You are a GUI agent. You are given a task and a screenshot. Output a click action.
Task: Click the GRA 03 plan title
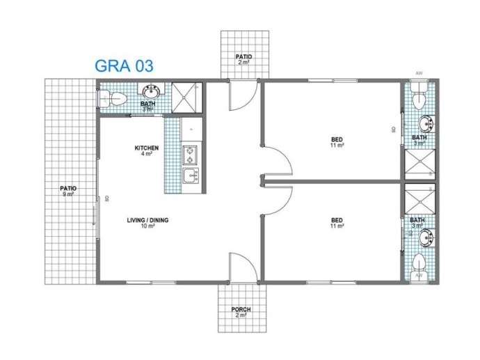pyautogui.click(x=124, y=65)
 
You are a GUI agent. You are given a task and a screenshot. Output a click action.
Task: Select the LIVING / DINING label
pyautogui.click(x=147, y=223)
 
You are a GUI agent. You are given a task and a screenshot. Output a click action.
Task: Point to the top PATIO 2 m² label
pyautogui.click(x=243, y=59)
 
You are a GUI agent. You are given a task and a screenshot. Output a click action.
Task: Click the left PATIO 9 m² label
pyautogui.click(x=67, y=191)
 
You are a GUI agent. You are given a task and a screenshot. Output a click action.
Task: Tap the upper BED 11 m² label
pyautogui.click(x=337, y=143)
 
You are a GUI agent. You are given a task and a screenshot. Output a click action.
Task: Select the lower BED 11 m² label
pyautogui.click(x=337, y=223)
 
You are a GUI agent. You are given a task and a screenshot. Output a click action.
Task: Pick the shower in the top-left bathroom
pyautogui.click(x=186, y=97)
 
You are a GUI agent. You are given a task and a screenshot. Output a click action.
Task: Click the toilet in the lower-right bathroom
pyautogui.click(x=419, y=263)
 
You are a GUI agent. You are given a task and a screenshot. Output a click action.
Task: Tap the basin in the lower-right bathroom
pyautogui.click(x=426, y=237)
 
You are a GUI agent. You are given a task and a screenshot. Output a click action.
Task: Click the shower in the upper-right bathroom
pyautogui.click(x=419, y=164)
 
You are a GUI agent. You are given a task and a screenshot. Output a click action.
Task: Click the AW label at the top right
pyautogui.click(x=419, y=72)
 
